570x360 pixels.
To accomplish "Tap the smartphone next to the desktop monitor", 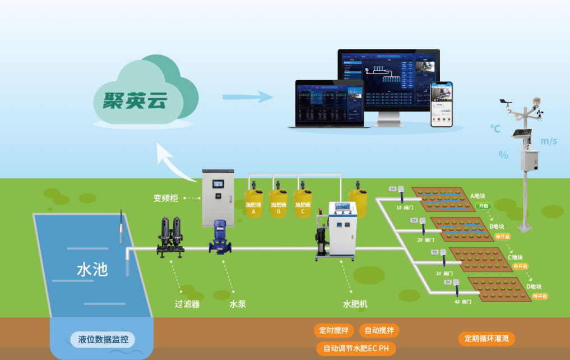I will point(441,104).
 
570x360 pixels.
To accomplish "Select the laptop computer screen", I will point(330,102).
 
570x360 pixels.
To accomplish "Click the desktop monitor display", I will point(388,79).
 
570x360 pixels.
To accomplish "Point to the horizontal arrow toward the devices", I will point(247,96).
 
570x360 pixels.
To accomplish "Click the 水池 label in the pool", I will point(92,269).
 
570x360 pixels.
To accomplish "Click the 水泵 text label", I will point(237,304).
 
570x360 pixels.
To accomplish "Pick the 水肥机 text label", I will point(355,304).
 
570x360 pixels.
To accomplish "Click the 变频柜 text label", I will point(166,198).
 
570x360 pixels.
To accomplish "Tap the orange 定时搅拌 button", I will point(333,330).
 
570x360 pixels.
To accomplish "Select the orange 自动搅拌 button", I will point(378,330).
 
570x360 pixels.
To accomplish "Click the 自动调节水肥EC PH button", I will point(356,348).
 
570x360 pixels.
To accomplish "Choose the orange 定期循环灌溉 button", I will point(486,339).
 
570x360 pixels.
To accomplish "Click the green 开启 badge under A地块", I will point(484,206).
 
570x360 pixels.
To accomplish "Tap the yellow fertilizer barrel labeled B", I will point(278,204).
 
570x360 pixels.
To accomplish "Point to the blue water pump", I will point(220,237).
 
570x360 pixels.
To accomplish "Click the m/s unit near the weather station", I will point(549,141).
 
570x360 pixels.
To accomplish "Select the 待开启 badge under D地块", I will point(540,296).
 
